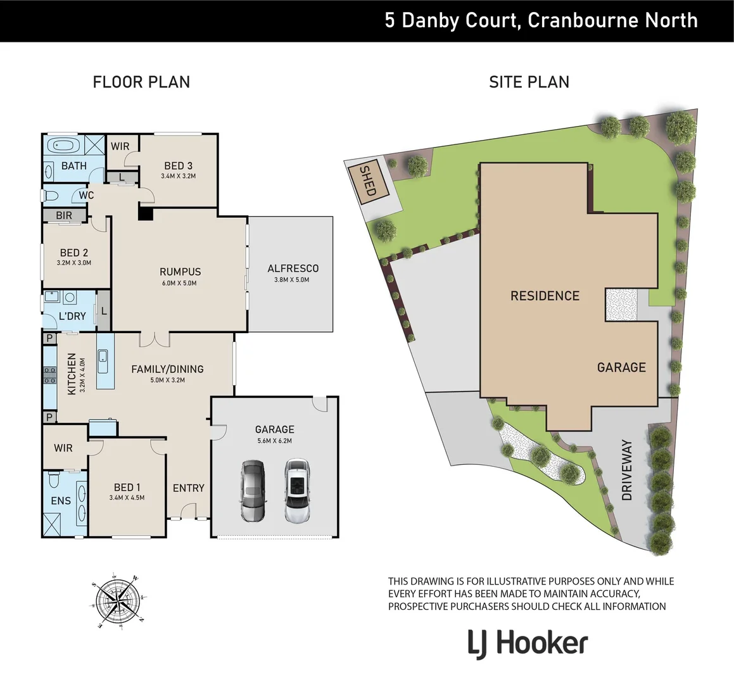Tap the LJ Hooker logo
(528, 643)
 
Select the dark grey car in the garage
(253, 491)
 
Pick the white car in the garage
(296, 491)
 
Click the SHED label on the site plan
(367, 180)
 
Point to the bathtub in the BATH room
(63, 146)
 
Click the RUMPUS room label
(180, 272)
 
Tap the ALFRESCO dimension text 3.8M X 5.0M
(293, 279)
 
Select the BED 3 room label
(178, 166)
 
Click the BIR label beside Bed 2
(64, 216)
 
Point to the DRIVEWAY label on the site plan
(627, 470)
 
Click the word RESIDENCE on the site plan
(545, 296)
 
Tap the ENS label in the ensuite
(61, 501)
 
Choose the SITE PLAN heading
(529, 82)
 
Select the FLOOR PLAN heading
(141, 82)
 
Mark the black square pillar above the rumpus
(146, 214)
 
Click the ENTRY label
(188, 488)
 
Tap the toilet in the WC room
(51, 196)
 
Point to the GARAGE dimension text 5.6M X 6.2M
(274, 441)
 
